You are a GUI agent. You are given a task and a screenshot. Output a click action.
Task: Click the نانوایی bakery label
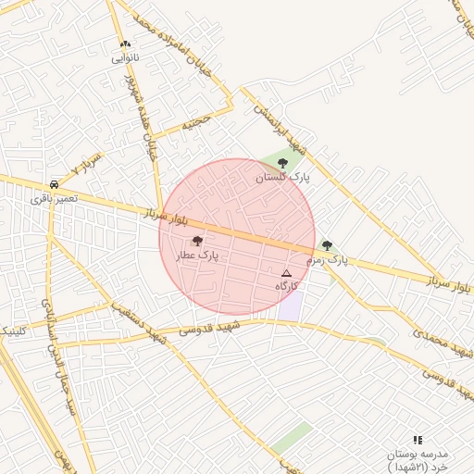[x=125, y=57]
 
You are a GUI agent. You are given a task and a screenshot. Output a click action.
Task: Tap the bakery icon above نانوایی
[x=126, y=44]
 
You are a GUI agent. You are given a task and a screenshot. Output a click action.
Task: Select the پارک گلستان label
[x=284, y=176]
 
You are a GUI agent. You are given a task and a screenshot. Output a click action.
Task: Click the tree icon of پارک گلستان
[x=282, y=163]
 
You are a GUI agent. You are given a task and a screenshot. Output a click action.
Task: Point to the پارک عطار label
[x=197, y=255]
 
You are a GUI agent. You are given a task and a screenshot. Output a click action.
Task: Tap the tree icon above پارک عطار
[x=197, y=241]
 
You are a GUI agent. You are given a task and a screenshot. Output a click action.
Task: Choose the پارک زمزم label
[x=328, y=260]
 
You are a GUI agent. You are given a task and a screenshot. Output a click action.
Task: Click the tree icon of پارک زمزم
[x=327, y=245]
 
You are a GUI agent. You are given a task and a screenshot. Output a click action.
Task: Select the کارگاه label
[x=287, y=287]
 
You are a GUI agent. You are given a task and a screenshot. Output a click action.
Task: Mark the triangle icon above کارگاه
[x=286, y=273]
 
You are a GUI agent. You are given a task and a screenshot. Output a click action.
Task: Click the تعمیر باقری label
[x=55, y=197]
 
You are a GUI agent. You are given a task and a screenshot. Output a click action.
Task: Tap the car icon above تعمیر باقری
[x=55, y=183]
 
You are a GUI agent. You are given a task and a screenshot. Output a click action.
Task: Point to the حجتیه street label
[x=197, y=120]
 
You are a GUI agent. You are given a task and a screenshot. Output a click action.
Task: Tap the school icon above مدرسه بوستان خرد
[x=418, y=440]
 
